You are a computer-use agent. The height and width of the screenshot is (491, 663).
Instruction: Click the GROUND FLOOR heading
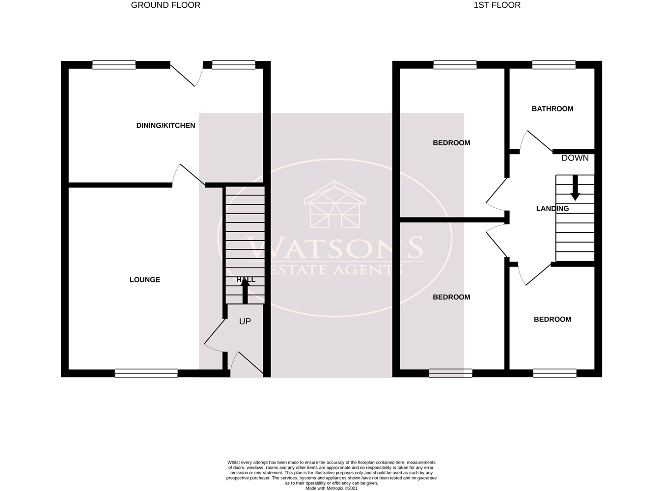pyautogui.click(x=166, y=5)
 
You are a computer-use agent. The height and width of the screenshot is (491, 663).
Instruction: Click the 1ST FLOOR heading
pyautogui.click(x=497, y=5)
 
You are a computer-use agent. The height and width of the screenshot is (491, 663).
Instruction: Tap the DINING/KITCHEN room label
pyautogui.click(x=166, y=126)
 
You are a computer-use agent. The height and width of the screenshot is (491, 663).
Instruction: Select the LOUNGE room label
pyautogui.click(x=145, y=280)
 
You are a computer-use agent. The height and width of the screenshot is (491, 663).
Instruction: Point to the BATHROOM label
pyautogui.click(x=552, y=109)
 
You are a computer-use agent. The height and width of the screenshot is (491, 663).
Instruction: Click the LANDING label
pyautogui.click(x=552, y=209)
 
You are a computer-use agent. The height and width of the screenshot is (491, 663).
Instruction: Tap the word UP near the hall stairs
pyautogui.click(x=245, y=322)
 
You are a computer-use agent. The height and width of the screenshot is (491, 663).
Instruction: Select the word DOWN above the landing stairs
pyautogui.click(x=575, y=158)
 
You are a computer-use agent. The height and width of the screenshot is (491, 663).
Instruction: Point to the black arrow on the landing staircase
pyautogui.click(x=575, y=189)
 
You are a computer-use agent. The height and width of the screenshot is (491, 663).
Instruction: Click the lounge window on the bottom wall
pyautogui.click(x=146, y=374)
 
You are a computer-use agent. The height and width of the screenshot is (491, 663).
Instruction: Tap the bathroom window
pyautogui.click(x=554, y=64)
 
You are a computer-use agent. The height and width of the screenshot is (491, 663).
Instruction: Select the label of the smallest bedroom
pyautogui.click(x=552, y=320)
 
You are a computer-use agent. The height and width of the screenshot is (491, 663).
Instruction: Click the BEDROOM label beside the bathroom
pyautogui.click(x=451, y=143)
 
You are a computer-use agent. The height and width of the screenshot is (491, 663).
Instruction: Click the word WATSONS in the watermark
pyautogui.click(x=335, y=248)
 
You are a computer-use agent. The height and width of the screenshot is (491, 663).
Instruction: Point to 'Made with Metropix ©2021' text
pyautogui.click(x=331, y=488)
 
